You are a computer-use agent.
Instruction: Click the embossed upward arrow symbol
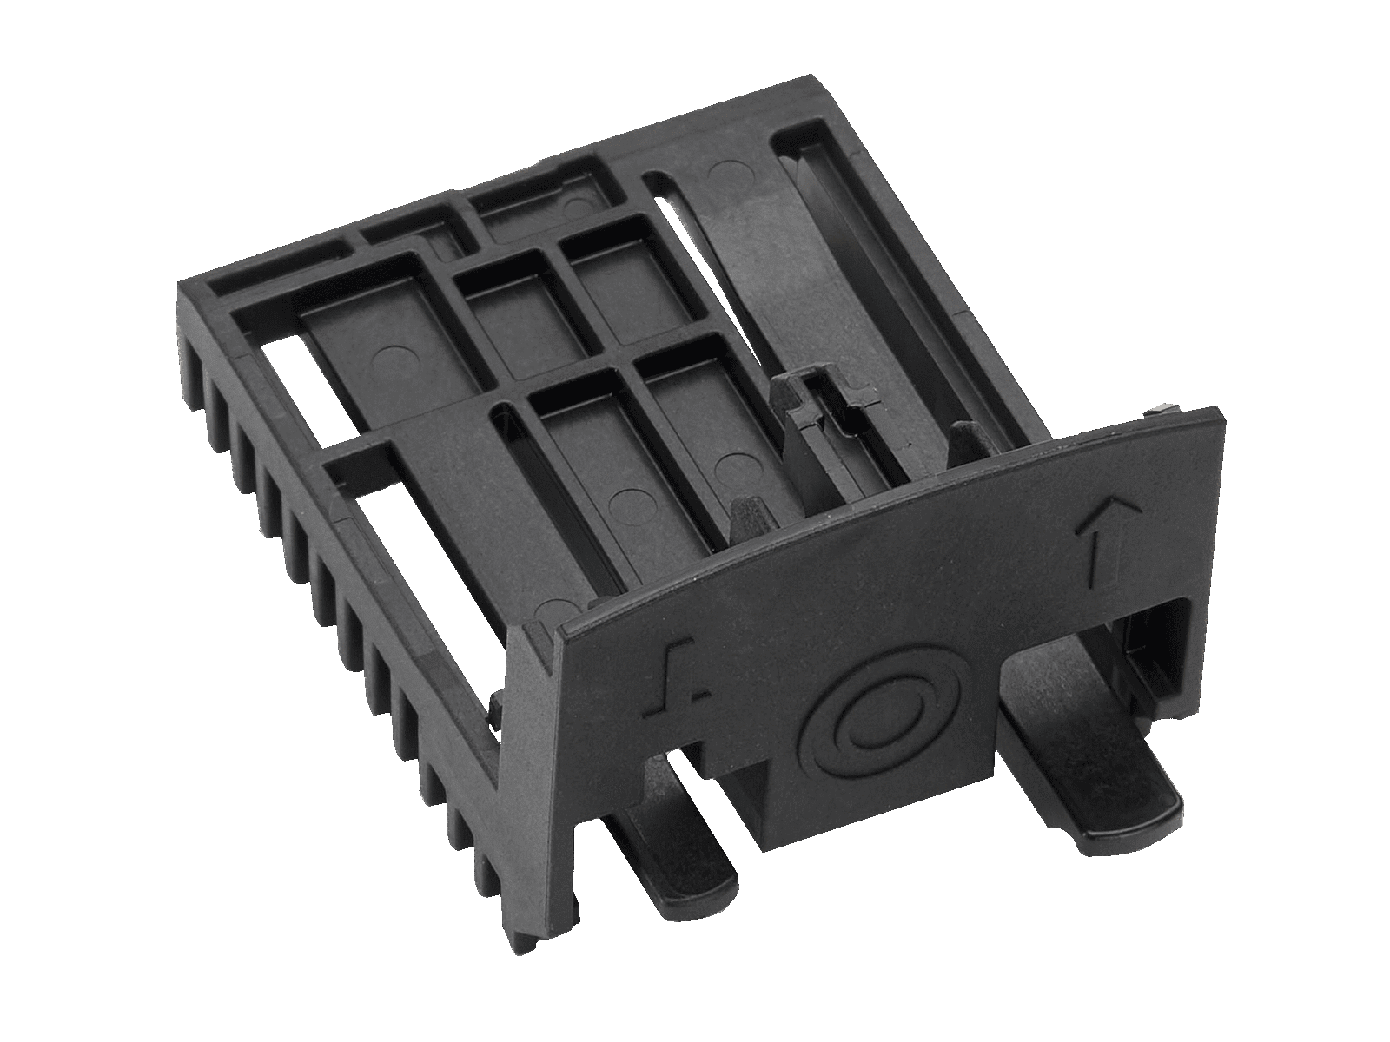1097,539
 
